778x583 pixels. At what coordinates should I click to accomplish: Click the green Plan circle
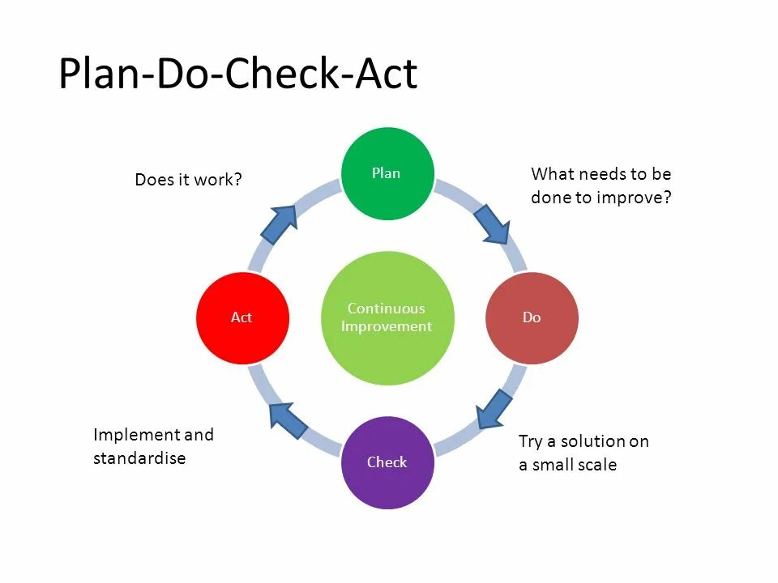387,173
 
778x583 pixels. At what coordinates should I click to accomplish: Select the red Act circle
242,317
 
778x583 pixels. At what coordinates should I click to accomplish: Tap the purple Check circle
387,462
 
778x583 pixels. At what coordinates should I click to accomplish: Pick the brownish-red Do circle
532,317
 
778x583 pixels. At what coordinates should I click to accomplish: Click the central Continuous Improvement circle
387,317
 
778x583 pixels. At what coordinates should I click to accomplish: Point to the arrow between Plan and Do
491,224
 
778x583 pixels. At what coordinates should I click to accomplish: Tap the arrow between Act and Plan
280,224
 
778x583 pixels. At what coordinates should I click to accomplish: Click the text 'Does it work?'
189,180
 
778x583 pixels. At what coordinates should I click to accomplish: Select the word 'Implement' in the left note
136,435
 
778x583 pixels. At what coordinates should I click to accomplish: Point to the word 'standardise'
139,458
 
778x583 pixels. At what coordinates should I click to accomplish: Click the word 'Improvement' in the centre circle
387,326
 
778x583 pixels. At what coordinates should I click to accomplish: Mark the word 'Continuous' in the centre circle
387,309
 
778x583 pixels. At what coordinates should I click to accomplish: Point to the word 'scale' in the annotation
596,465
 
